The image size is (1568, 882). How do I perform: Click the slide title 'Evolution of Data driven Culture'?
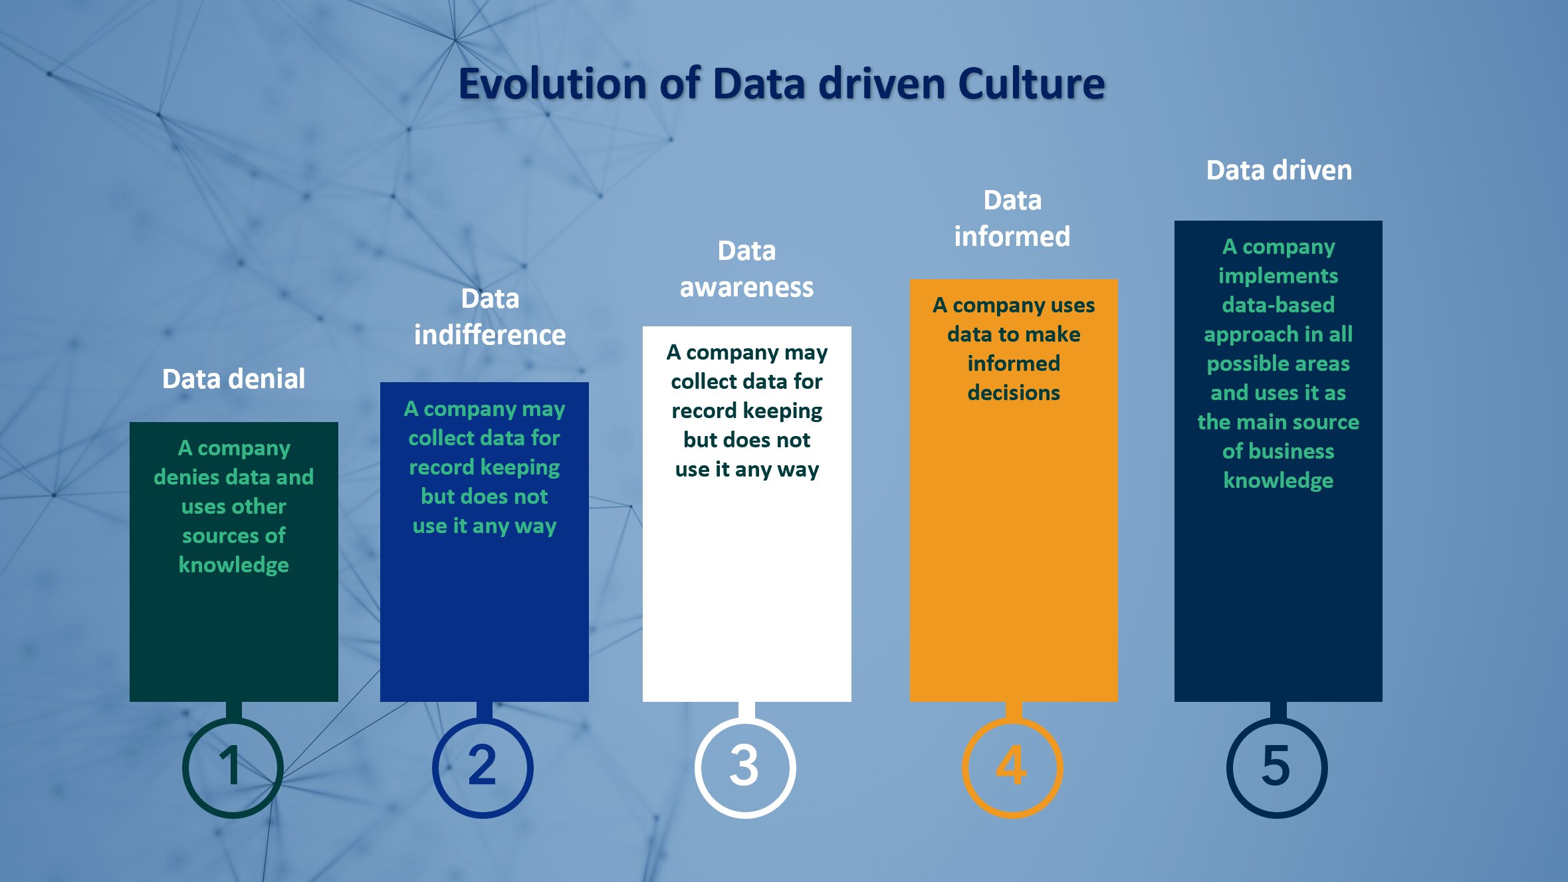782,84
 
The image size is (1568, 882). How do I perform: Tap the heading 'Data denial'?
233,379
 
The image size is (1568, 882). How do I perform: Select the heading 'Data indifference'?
490,317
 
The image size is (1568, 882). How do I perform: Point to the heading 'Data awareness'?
746,269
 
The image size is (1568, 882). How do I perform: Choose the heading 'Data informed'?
1012,218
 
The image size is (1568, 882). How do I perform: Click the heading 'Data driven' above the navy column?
1279,170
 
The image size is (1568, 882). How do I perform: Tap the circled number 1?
233,768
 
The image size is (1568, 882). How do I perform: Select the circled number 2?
483,768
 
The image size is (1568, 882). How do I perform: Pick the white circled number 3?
745,768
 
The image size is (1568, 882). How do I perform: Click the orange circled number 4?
1012,768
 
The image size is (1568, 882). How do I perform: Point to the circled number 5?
1277,768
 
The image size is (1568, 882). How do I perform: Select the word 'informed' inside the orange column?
1014,364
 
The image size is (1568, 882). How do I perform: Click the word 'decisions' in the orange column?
1014,393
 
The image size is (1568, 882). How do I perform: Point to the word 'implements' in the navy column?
1278,276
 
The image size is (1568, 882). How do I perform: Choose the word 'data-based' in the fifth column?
1278,305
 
